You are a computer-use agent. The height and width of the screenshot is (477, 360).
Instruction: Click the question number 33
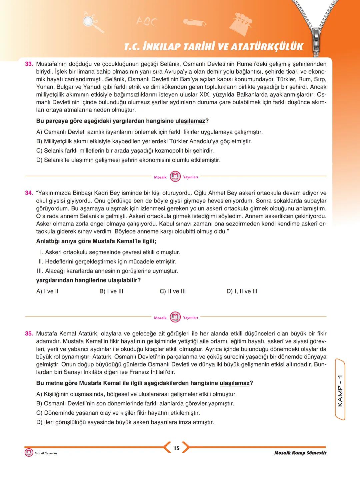pyautogui.click(x=29, y=64)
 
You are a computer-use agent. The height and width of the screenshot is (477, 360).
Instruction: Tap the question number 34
pyautogui.click(x=29, y=193)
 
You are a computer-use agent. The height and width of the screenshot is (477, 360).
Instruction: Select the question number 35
pyautogui.click(x=29, y=333)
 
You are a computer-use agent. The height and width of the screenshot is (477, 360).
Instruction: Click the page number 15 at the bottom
pyautogui.click(x=176, y=448)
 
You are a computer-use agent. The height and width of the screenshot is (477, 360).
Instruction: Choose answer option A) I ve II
pyautogui.click(x=47, y=291)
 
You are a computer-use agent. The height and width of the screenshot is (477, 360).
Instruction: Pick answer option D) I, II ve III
pyautogui.click(x=242, y=291)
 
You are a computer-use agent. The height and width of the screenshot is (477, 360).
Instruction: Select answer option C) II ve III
pyautogui.click(x=173, y=291)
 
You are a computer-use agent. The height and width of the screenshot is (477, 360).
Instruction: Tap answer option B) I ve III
pyautogui.click(x=111, y=291)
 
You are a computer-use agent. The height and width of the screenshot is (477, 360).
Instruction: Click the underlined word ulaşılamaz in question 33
pyautogui.click(x=190, y=121)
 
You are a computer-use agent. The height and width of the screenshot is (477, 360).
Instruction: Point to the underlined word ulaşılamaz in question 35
pyautogui.click(x=235, y=383)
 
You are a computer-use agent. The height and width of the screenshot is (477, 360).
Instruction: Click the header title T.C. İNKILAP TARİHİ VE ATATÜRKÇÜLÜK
pyautogui.click(x=213, y=47)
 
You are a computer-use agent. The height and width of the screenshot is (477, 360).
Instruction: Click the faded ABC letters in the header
pyautogui.click(x=147, y=21)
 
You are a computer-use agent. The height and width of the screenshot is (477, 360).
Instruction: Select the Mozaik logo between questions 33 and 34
pyautogui.click(x=175, y=177)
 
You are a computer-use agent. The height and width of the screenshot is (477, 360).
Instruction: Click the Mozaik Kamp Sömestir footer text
pyautogui.click(x=300, y=453)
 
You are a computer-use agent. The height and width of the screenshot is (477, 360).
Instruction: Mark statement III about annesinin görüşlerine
pyautogui.click(x=108, y=271)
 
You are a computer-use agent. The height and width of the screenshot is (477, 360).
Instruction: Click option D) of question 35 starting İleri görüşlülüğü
pyautogui.click(x=125, y=422)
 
